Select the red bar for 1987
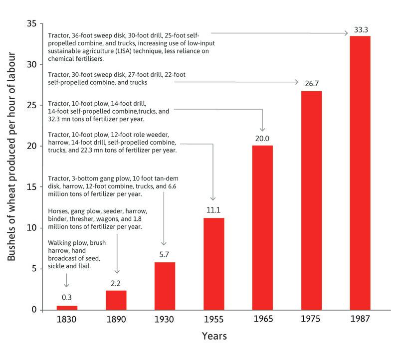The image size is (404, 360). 360,173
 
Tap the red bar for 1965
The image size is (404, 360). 262,227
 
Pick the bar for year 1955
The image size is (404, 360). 213,264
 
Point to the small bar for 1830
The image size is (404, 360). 67,308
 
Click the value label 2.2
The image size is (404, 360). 116,283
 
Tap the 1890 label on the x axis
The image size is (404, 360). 116,319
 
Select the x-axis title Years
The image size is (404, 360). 214,336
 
